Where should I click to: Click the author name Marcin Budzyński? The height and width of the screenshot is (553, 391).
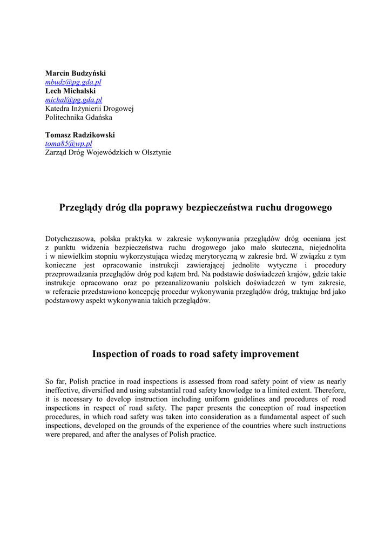76,73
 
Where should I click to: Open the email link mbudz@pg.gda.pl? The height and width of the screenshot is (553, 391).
73,82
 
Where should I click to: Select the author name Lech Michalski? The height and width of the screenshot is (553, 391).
70,91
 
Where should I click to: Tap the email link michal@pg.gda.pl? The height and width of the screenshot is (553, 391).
73,100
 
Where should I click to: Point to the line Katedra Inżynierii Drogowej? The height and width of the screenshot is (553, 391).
89,109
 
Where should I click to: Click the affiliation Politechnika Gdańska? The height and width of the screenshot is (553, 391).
79,117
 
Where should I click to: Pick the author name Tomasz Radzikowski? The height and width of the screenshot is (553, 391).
80,135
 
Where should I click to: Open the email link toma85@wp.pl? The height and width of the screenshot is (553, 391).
69,144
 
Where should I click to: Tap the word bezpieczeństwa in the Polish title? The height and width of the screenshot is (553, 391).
219,207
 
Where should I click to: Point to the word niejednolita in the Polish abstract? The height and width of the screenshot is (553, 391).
326,247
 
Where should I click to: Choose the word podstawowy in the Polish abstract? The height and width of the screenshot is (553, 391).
63,300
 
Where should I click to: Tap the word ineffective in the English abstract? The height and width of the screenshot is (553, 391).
62,390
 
